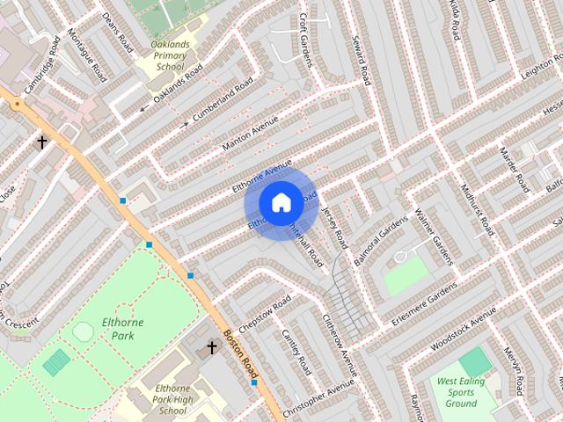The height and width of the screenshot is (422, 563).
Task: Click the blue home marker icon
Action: point(280,202)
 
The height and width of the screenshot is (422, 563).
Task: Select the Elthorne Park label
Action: point(122,329)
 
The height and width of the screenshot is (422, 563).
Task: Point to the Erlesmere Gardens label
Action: point(425,304)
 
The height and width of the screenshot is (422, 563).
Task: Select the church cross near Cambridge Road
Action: point(41,142)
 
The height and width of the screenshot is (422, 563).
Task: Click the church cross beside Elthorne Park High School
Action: point(211,348)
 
